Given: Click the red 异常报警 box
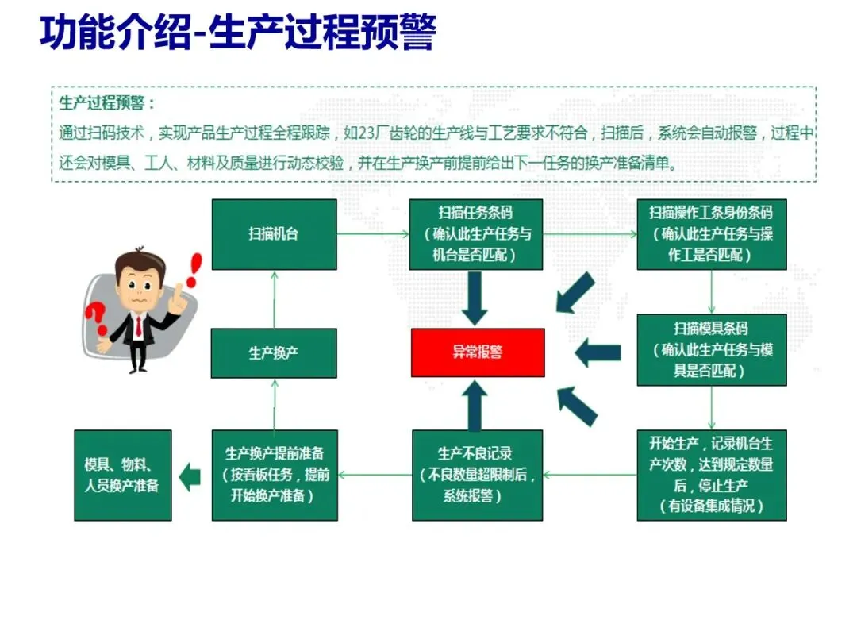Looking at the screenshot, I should tap(478, 352).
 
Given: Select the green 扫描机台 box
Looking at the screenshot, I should tap(274, 234).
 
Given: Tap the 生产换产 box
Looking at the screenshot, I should tap(274, 352).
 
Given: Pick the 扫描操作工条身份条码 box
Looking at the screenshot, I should tap(712, 234).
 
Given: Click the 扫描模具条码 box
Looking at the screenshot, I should tap(712, 349).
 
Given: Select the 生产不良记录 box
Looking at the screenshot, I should tap(477, 475).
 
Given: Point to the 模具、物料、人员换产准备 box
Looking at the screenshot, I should tap(122, 475).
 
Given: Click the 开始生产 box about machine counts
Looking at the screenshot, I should tap(712, 475).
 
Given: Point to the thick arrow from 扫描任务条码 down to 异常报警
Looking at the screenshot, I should tap(475, 298).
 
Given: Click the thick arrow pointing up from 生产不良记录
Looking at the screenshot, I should tap(475, 405).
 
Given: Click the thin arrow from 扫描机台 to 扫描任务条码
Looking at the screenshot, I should tap(373, 234).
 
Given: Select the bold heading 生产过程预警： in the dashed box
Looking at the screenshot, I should tap(107, 103).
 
